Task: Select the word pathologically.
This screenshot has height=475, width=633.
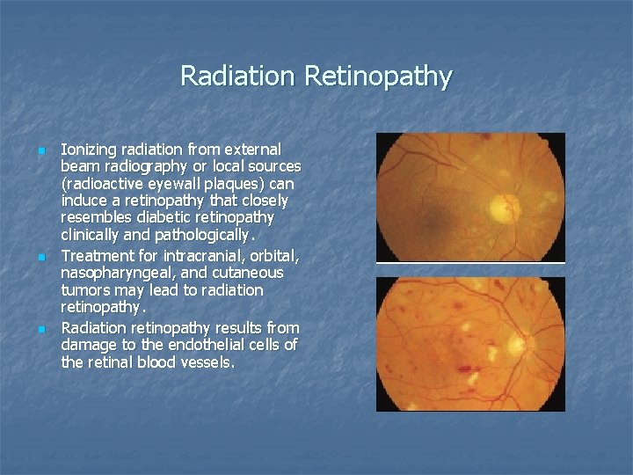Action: point(201,234)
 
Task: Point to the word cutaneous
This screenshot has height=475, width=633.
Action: point(246,273)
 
